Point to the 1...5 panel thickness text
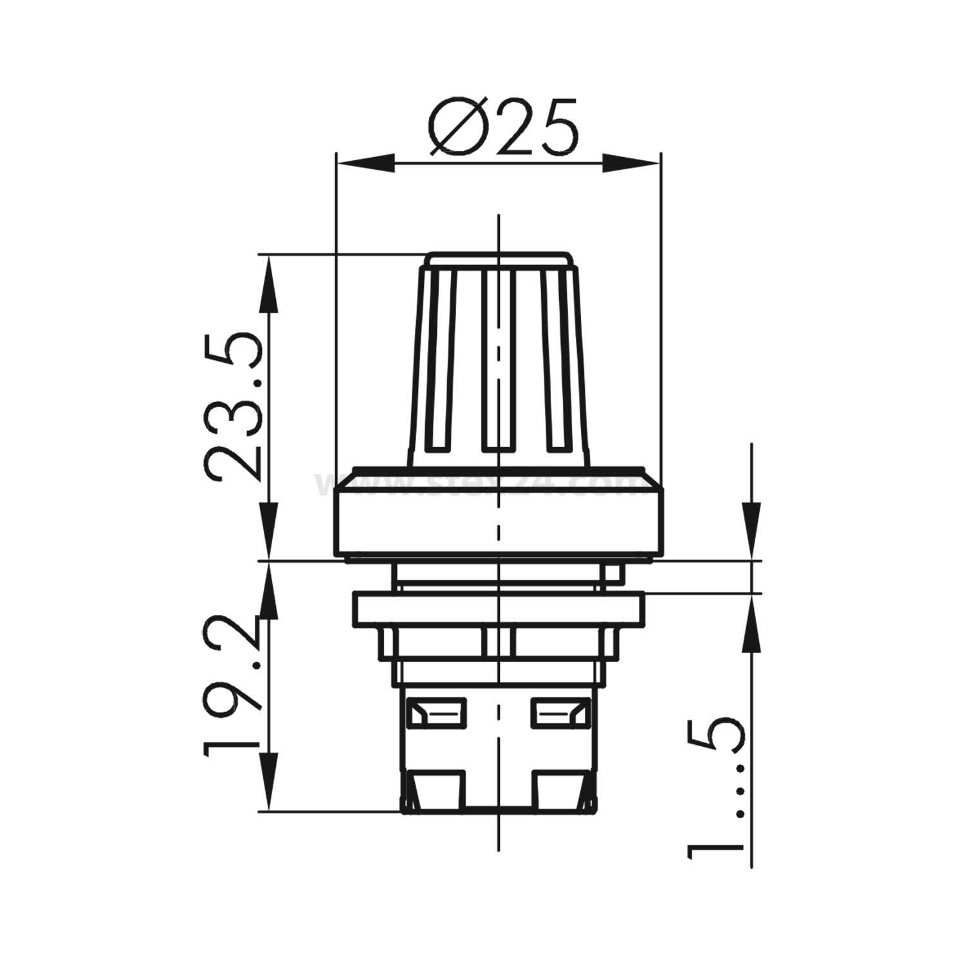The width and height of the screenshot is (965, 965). [x=716, y=788]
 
